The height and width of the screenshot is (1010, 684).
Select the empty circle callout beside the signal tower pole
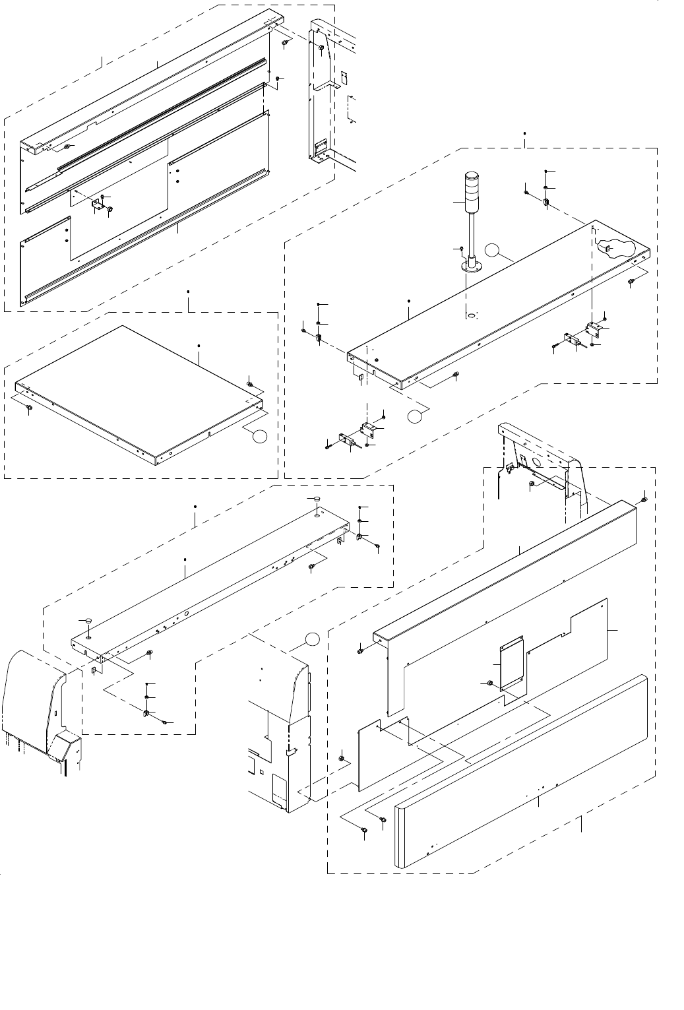click(492, 249)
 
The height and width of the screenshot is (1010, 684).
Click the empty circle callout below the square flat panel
click(260, 435)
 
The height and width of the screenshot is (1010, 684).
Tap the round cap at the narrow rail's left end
click(85, 621)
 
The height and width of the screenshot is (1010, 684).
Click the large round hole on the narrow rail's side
click(187, 614)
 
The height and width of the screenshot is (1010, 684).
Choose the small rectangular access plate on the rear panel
click(512, 664)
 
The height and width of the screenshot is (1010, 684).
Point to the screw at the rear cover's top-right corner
click(644, 499)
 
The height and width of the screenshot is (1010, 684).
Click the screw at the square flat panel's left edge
click(29, 410)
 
